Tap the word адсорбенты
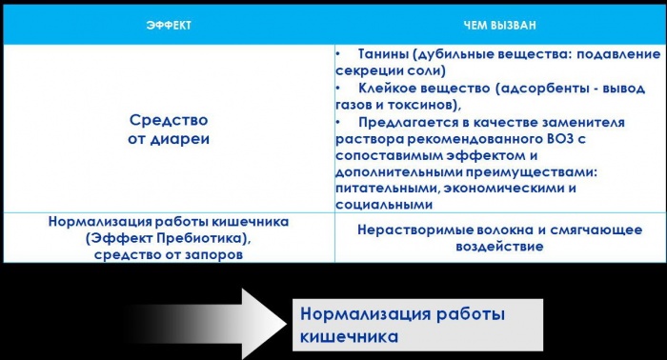505,89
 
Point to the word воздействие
498,246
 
